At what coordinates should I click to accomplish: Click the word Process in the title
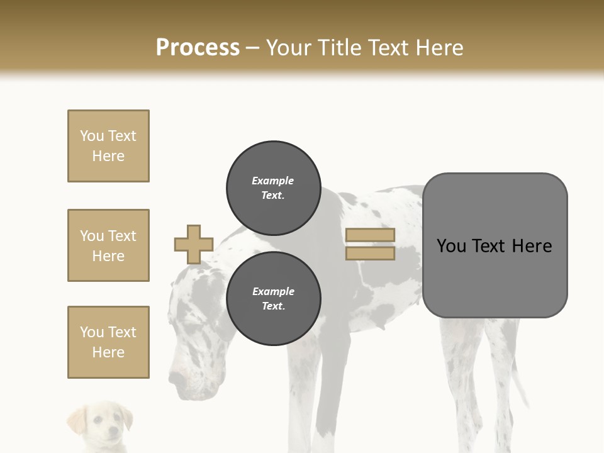tap(198, 48)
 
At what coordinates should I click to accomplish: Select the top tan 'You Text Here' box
tap(108, 146)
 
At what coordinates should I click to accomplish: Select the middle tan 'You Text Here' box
tap(108, 245)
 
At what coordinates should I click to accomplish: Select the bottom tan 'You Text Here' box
tap(108, 342)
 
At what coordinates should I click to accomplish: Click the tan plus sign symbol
tap(194, 244)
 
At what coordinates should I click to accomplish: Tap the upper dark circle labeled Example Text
tap(273, 188)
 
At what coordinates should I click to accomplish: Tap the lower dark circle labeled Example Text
tap(273, 299)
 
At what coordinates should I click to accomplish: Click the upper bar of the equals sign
tap(371, 235)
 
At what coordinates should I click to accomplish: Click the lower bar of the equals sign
tap(371, 254)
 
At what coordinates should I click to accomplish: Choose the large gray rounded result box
tap(495, 245)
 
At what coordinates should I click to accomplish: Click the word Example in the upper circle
tap(273, 181)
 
